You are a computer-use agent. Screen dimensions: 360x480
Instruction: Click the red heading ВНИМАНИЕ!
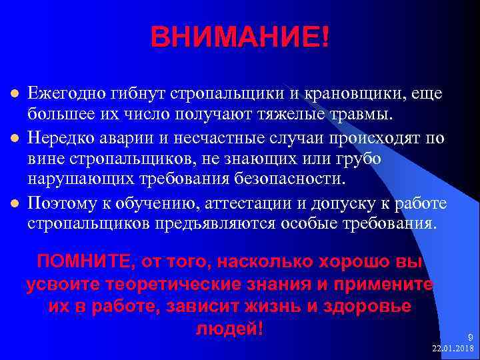pos(239,37)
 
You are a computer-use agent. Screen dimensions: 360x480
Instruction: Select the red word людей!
pos(230,329)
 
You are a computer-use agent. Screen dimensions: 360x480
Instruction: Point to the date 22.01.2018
pos(453,348)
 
